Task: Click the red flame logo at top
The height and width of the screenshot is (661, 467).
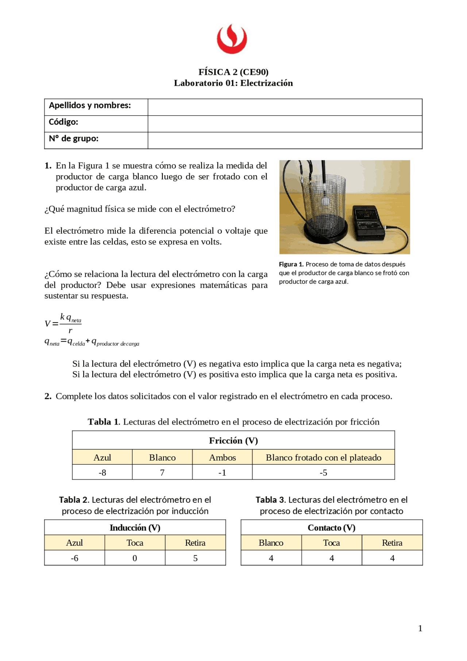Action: coord(232,39)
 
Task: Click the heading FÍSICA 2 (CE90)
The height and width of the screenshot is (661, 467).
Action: coord(233,72)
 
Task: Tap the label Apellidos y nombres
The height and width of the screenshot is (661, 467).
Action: coord(90,105)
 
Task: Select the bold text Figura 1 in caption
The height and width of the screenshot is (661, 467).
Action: coord(291,264)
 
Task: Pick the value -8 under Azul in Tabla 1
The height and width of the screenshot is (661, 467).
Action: coord(102,473)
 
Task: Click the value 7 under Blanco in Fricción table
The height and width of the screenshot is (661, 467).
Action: coord(162,473)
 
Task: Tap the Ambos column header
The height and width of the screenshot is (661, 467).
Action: coord(222,457)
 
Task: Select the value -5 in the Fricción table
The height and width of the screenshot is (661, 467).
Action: coord(323,473)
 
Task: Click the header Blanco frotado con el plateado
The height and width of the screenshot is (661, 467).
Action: coord(323,457)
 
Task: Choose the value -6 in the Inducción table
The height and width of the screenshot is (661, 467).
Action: coord(74,558)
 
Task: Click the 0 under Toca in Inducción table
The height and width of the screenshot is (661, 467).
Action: coord(135,558)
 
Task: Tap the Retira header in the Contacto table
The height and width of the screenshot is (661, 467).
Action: coord(392,543)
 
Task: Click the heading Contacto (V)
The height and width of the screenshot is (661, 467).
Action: coord(331,528)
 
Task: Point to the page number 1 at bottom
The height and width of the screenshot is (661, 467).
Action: coord(420,628)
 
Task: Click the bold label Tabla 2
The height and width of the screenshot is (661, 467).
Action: coord(74,500)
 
